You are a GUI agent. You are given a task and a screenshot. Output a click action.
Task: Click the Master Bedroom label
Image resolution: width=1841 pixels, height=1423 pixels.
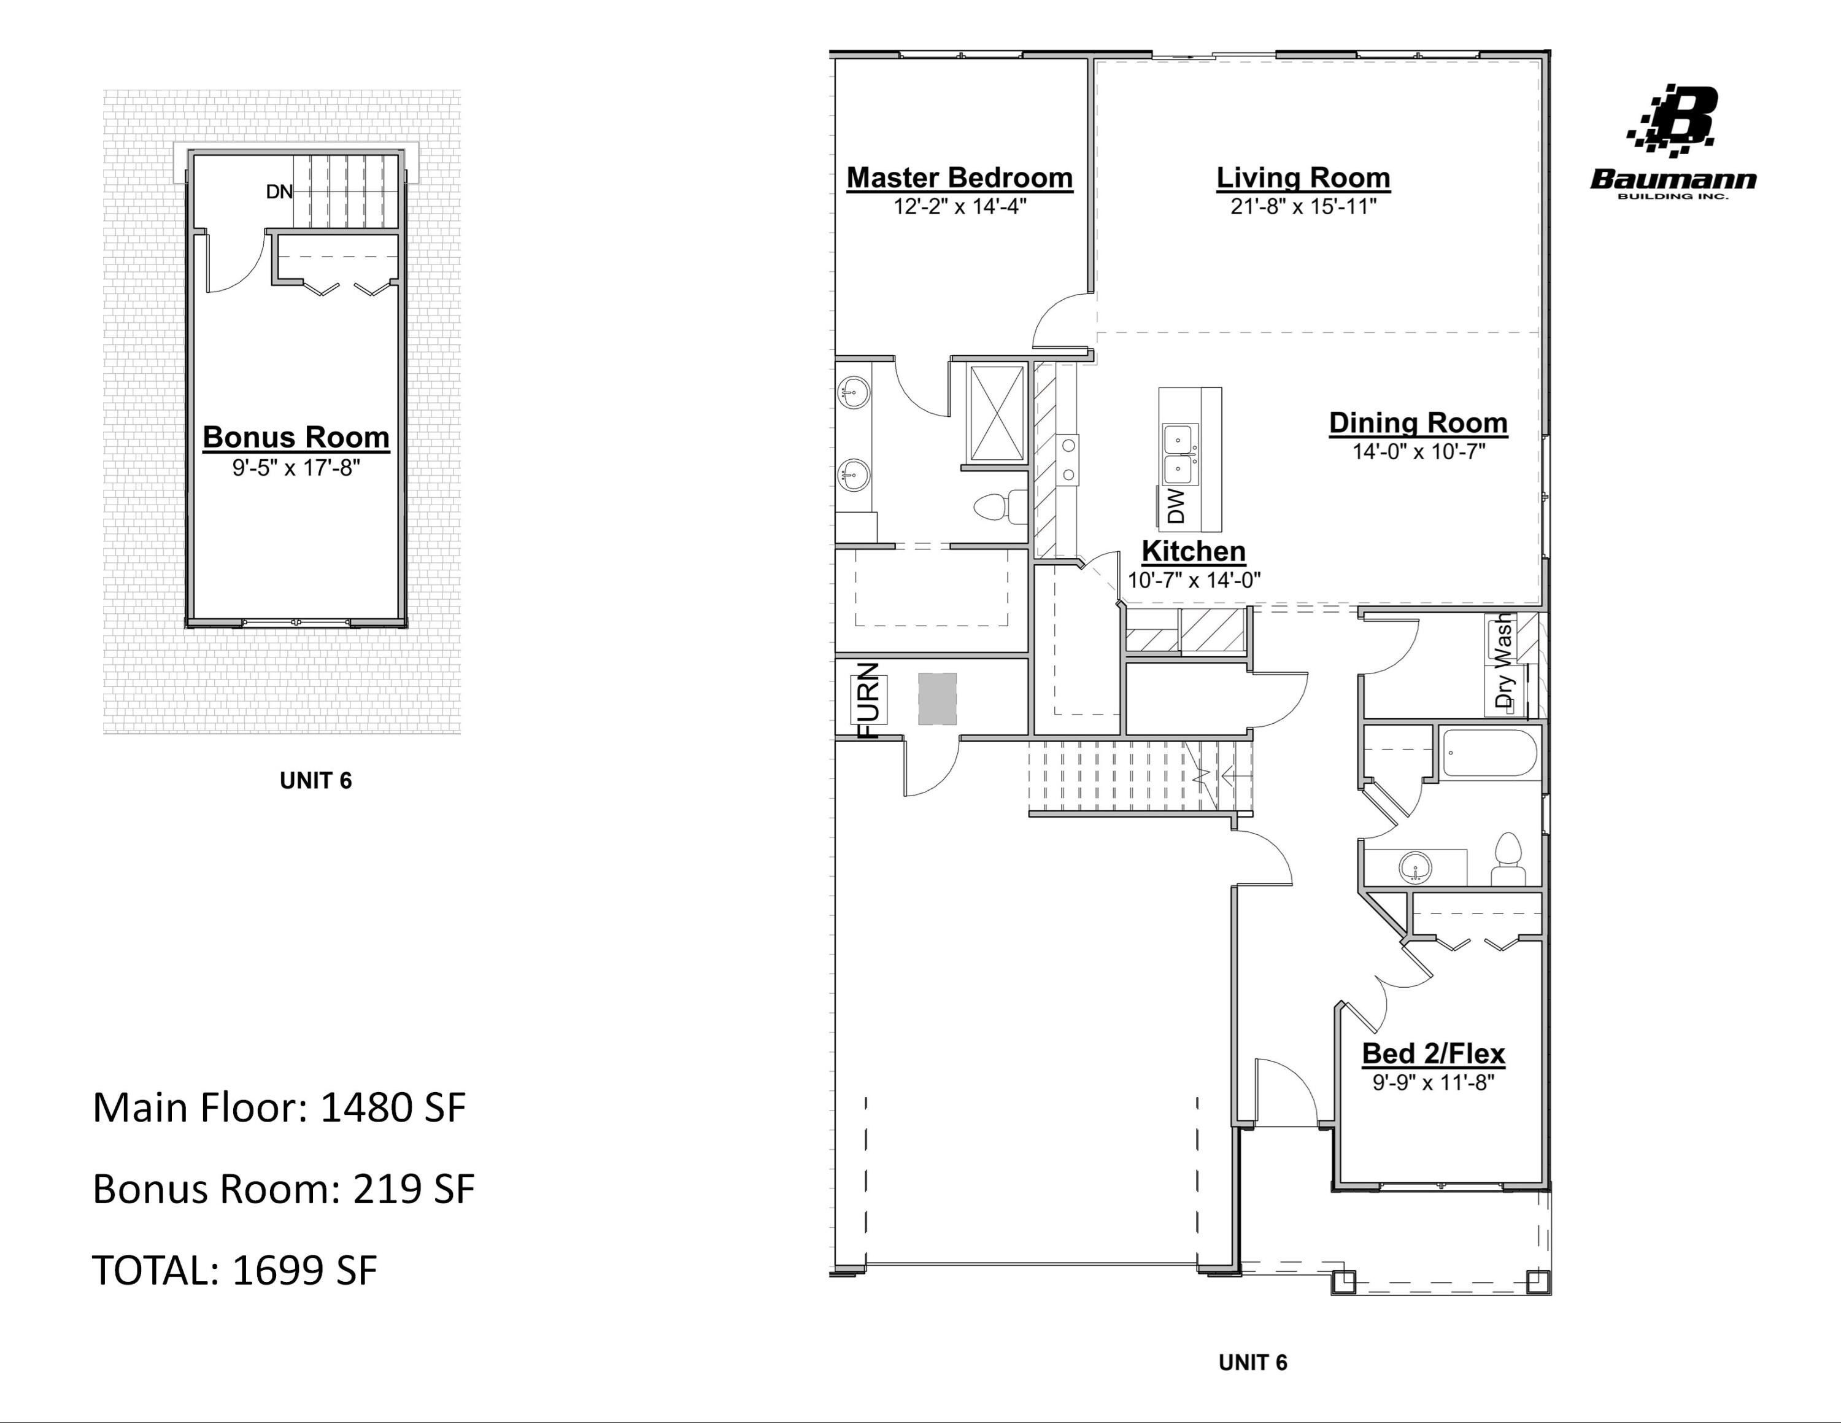[959, 178]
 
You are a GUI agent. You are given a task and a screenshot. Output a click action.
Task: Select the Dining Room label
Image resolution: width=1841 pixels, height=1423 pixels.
[1418, 423]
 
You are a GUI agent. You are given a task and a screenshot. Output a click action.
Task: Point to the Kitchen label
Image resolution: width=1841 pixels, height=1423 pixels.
[1193, 551]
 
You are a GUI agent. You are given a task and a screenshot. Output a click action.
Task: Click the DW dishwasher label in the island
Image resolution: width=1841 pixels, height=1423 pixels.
[1176, 506]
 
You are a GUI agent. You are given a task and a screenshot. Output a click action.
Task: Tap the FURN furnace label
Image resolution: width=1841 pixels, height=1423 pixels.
[869, 700]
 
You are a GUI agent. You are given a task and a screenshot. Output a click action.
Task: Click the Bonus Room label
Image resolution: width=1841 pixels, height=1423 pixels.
[296, 438]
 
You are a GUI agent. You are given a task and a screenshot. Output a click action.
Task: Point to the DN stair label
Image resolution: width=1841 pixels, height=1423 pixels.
[279, 192]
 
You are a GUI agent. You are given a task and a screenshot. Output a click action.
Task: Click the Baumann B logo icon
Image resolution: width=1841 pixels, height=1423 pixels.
[1673, 122]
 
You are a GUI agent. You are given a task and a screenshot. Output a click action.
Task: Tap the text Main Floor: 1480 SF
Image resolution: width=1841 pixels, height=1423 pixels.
[278, 1107]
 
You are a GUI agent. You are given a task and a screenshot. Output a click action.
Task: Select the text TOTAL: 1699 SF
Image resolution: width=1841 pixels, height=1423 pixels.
[234, 1270]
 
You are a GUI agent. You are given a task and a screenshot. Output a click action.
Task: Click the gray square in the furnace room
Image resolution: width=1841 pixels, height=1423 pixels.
[937, 699]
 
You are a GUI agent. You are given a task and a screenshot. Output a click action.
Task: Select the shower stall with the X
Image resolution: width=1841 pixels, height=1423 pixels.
[997, 413]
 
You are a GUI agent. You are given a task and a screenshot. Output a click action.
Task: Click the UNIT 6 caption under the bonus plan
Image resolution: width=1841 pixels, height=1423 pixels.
[315, 781]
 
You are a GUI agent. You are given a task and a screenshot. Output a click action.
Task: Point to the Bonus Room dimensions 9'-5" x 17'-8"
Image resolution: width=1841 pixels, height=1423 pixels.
[296, 468]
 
